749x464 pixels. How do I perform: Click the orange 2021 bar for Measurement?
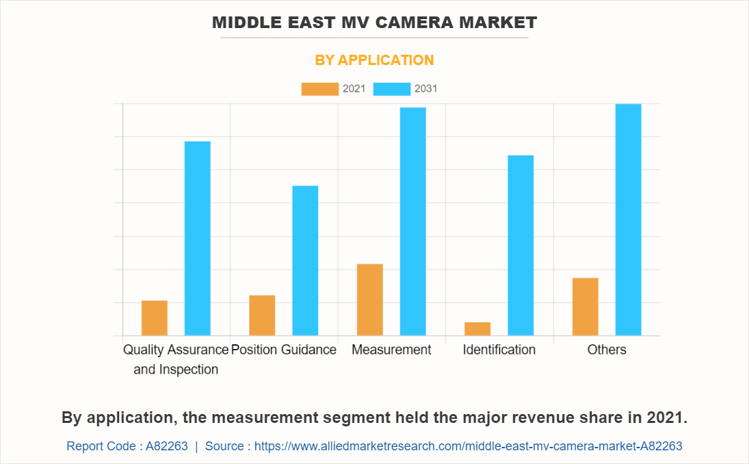click(370, 300)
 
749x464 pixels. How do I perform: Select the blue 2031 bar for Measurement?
click(413, 221)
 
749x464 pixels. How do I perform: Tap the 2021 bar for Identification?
click(477, 328)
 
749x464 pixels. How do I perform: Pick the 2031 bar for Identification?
click(521, 245)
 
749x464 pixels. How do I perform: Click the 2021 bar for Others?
click(586, 307)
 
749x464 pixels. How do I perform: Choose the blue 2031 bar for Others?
click(628, 220)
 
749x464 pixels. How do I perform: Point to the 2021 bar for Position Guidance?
click(262, 315)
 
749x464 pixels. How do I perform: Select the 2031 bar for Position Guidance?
click(305, 260)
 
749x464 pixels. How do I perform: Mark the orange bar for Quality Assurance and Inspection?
click(155, 318)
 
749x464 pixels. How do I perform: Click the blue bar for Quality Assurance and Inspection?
click(198, 238)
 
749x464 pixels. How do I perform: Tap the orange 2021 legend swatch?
click(319, 89)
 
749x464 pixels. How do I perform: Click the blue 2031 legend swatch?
click(392, 89)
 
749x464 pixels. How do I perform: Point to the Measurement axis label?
click(391, 350)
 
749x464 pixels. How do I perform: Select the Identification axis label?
click(499, 350)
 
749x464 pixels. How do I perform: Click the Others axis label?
click(607, 350)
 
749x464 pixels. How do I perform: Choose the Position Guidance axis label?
click(284, 350)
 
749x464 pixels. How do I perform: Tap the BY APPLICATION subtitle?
click(374, 60)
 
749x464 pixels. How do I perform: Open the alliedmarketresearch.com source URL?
click(469, 446)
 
